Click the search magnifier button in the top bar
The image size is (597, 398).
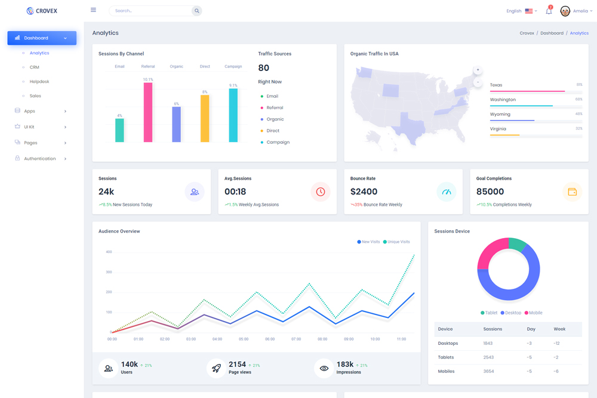tap(196, 11)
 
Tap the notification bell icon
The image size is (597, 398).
tap(549, 11)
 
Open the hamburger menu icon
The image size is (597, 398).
tap(93, 10)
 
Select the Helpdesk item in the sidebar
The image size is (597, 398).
tap(39, 82)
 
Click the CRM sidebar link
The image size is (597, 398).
tap(35, 67)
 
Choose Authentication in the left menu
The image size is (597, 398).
tap(40, 159)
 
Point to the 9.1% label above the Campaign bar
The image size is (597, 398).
tap(233, 85)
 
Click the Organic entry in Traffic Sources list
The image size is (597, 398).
tap(275, 119)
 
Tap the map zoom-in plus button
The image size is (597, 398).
tap(478, 70)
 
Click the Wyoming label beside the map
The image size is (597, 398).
tap(500, 114)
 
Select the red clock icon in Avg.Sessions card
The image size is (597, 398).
tap(321, 192)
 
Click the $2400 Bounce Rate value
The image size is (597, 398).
tap(364, 192)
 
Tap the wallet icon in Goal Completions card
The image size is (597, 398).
tap(572, 192)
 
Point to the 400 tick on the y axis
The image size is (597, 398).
tap(109, 252)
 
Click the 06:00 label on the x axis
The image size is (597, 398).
tap(270, 339)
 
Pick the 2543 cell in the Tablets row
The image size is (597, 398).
tap(488, 357)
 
